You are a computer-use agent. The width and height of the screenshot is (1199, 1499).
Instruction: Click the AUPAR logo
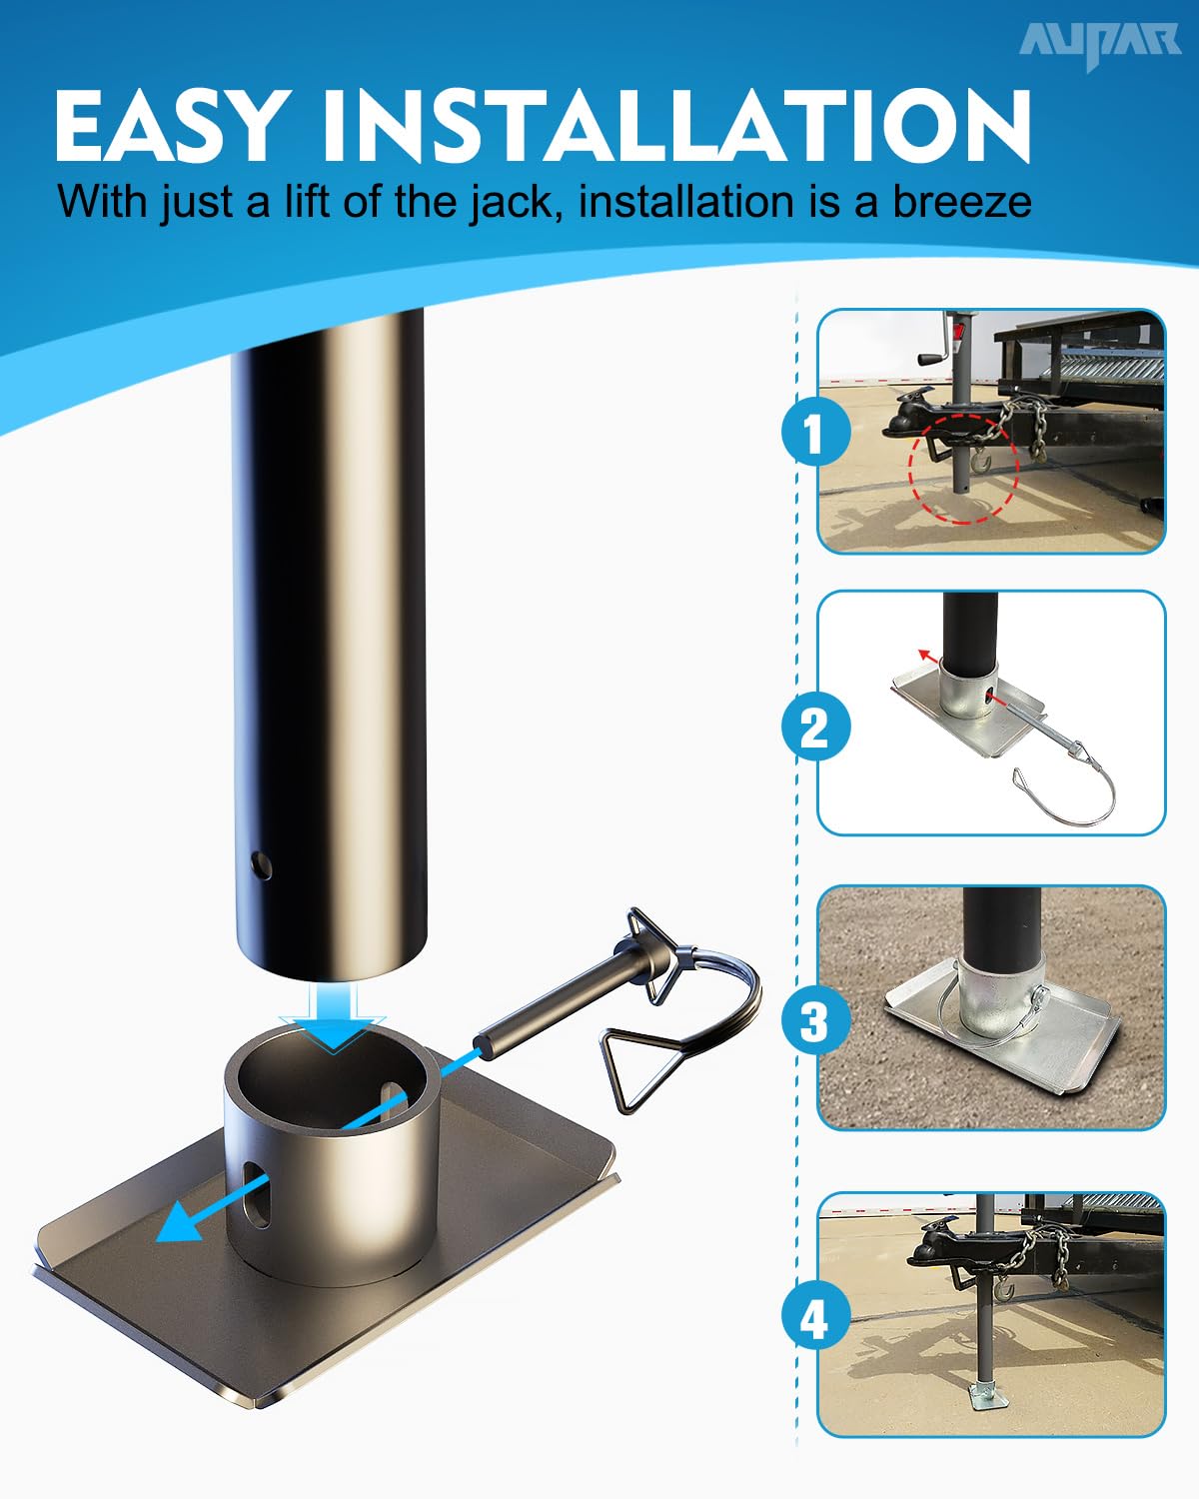[1100, 43]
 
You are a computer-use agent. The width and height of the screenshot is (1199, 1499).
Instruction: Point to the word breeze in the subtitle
[962, 202]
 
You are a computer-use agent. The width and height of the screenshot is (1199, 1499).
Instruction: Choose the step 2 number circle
[816, 727]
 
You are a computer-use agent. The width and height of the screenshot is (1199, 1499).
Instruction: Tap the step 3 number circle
[816, 1022]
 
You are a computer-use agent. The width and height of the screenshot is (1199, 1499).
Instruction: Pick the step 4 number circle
[816, 1317]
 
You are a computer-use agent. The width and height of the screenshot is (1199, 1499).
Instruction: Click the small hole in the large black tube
[261, 865]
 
